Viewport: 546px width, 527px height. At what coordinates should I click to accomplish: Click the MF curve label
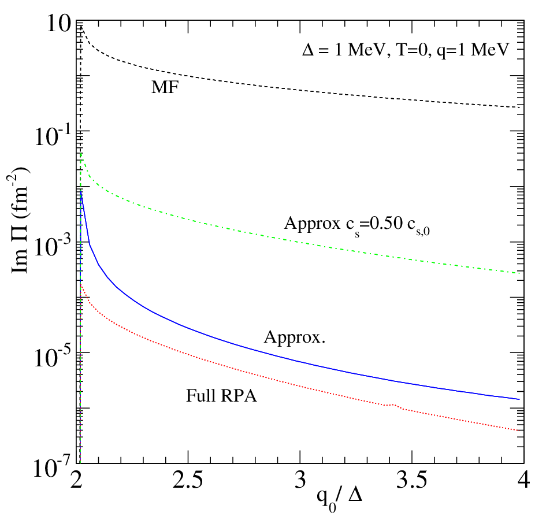click(x=165, y=87)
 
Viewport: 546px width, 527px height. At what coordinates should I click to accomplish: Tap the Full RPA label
click(x=221, y=396)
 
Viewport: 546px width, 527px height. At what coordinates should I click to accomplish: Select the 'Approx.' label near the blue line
click(x=295, y=337)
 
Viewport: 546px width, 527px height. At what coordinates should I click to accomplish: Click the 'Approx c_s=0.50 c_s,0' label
click(x=357, y=225)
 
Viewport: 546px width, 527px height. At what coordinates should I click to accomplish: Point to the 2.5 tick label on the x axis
click(x=188, y=480)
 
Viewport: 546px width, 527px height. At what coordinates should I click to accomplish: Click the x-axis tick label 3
click(x=300, y=480)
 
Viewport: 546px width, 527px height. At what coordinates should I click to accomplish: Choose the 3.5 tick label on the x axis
click(x=411, y=480)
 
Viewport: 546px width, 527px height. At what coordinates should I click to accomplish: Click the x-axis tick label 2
click(x=76, y=480)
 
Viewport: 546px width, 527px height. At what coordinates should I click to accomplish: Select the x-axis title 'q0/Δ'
click(x=340, y=499)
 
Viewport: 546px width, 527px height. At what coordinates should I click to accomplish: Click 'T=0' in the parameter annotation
click(x=412, y=50)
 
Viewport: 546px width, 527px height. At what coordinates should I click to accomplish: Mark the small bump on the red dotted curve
click(x=394, y=404)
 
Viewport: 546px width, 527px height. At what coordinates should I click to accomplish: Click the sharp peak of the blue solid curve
click(x=81, y=191)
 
